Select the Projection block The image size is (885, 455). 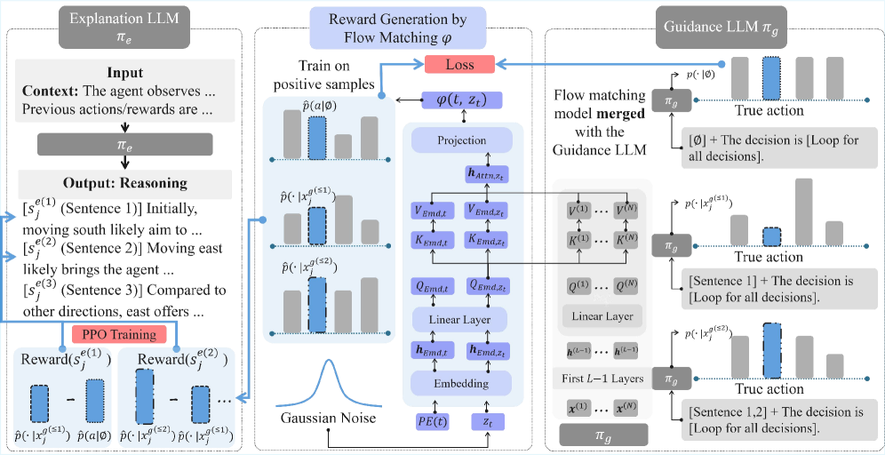462,140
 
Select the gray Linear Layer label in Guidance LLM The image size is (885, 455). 604,316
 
